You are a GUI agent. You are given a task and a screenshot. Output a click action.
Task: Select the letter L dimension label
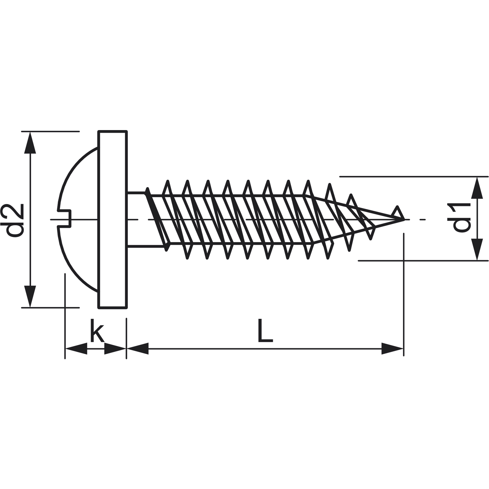265,331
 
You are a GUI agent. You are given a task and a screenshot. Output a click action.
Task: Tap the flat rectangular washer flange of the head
112,219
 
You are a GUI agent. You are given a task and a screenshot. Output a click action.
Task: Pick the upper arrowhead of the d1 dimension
478,187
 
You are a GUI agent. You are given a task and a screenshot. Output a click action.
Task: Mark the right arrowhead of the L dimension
393,348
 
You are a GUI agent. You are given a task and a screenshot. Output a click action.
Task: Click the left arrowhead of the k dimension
76,348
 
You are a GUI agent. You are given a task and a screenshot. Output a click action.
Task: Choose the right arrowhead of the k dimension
115,348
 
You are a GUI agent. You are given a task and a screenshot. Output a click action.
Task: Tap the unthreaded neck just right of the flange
137,219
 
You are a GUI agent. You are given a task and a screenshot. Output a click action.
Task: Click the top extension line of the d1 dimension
414,176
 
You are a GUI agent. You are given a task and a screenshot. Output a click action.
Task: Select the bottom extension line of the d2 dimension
50,307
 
